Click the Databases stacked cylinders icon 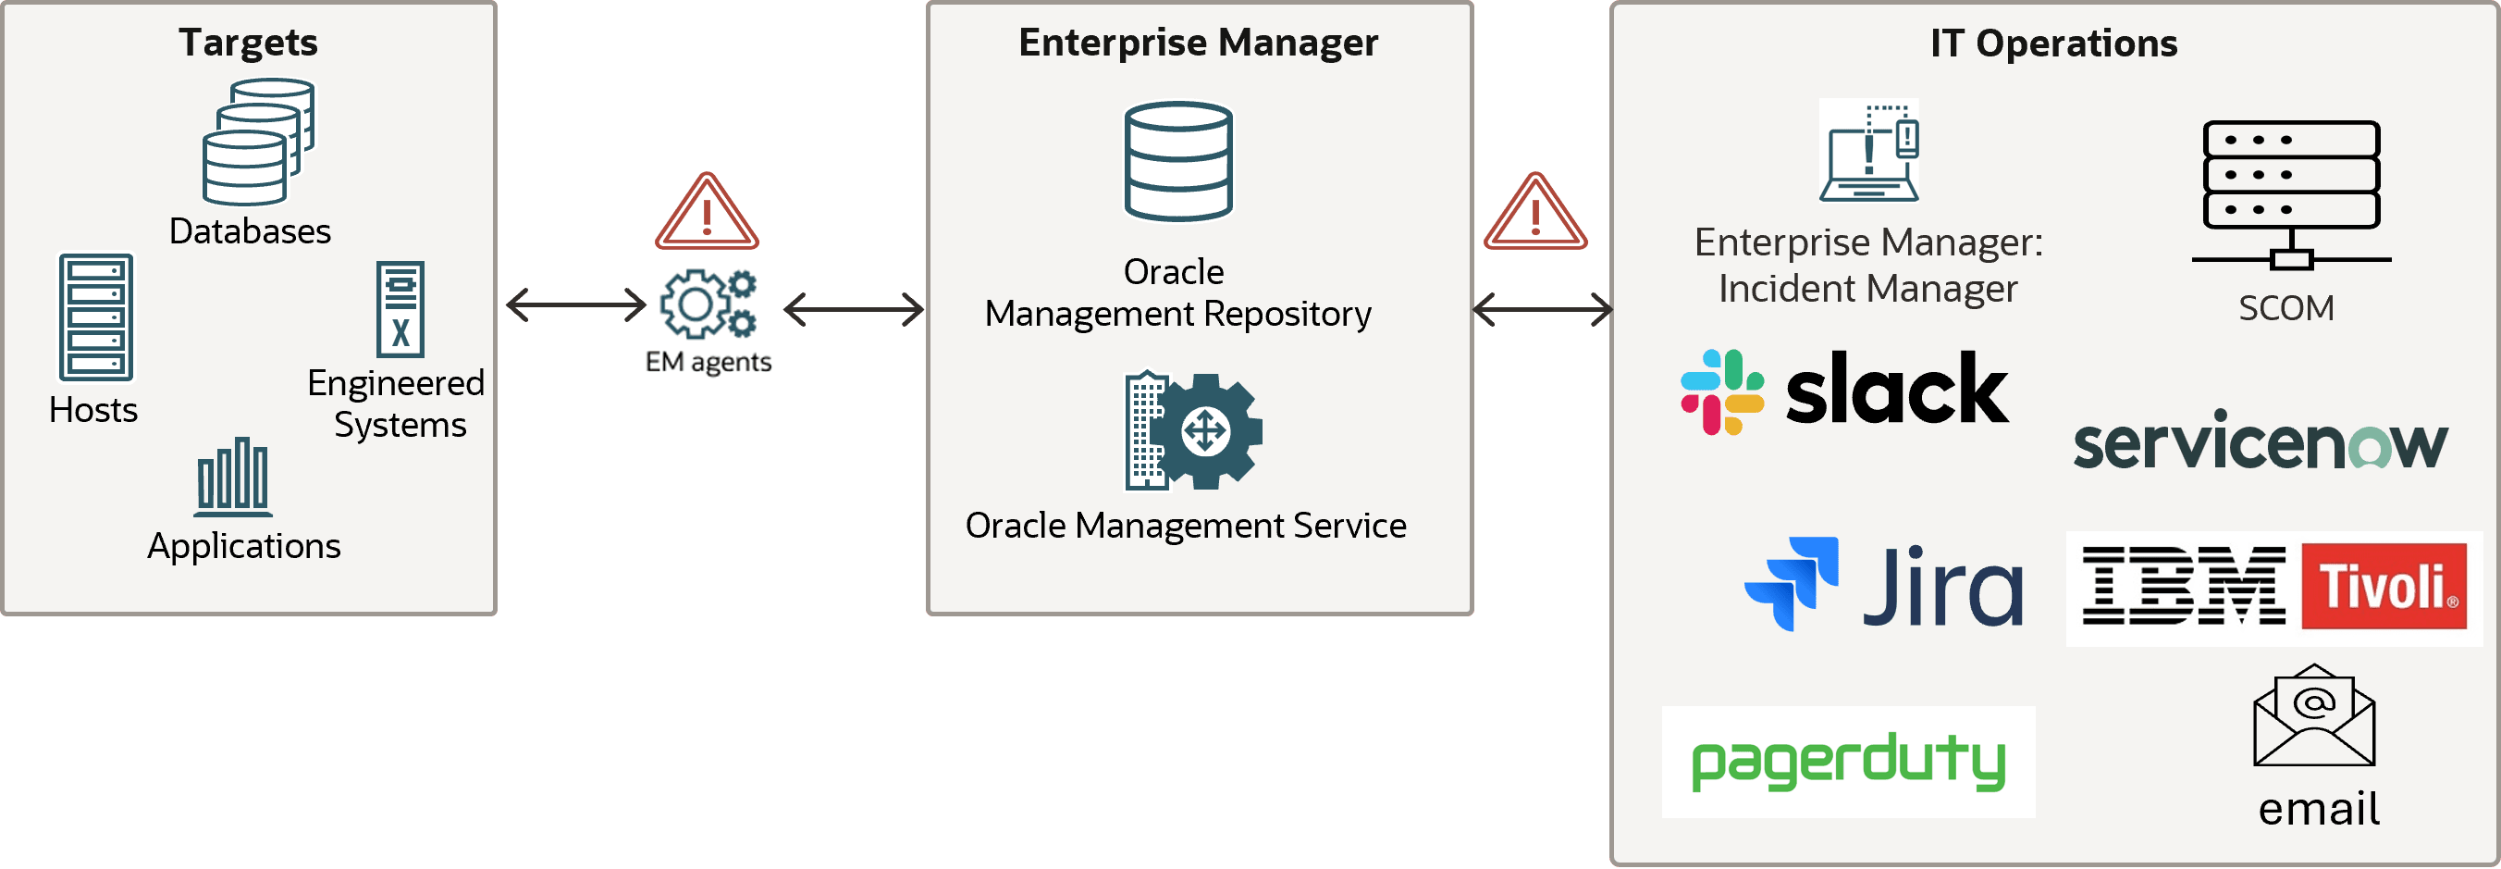pyautogui.click(x=258, y=142)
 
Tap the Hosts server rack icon pyautogui.click(x=95, y=317)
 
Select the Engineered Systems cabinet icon pyautogui.click(x=400, y=309)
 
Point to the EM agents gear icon pyautogui.click(x=708, y=304)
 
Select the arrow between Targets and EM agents pyautogui.click(x=575, y=304)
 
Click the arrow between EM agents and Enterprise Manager pyautogui.click(x=854, y=310)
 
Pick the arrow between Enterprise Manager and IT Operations pyautogui.click(x=1542, y=310)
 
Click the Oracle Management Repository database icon pyautogui.click(x=1177, y=161)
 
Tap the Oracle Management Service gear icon pyautogui.click(x=1193, y=431)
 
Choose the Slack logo pyautogui.click(x=1843, y=391)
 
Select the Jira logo pyautogui.click(x=1883, y=584)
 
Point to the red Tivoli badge pyautogui.click(x=2384, y=586)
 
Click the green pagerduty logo pyautogui.click(x=1848, y=763)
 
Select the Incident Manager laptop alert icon pyautogui.click(x=1869, y=151)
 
